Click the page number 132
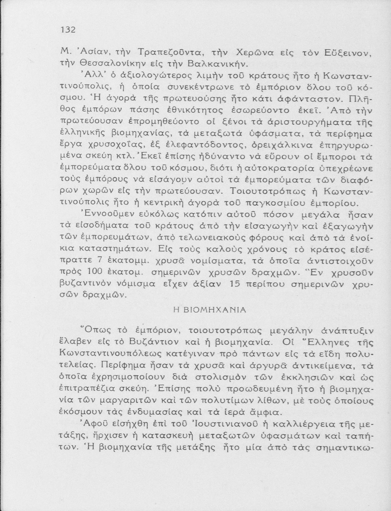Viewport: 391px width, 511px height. pos(67,30)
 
